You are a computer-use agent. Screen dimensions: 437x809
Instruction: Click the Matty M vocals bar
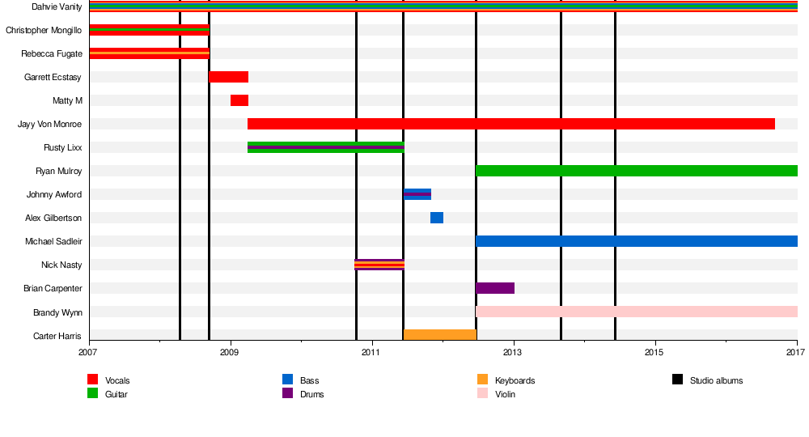(239, 100)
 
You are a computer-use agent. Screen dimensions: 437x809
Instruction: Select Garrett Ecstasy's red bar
(229, 77)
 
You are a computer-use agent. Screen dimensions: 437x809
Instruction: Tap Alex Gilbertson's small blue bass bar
(437, 218)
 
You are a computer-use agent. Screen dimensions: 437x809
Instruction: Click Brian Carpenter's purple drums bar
(495, 288)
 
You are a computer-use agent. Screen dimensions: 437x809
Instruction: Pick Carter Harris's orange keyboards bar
(440, 335)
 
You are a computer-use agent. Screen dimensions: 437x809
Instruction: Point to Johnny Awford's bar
(417, 194)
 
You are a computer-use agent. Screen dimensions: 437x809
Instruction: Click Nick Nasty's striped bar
(379, 265)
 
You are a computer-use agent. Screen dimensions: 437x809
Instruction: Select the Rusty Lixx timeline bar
(326, 147)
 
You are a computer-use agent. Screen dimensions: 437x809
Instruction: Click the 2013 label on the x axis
(513, 352)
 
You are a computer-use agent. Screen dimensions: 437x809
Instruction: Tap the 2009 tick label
(230, 352)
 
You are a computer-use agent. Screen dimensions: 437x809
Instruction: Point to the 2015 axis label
(655, 352)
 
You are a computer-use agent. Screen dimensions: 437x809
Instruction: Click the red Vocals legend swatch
(93, 380)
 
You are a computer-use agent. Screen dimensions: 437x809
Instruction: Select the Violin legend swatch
(483, 394)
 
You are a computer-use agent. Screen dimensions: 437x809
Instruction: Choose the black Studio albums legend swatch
(678, 380)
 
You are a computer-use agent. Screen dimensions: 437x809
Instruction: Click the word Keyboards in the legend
(515, 380)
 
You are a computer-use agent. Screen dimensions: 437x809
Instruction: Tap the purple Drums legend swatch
(288, 394)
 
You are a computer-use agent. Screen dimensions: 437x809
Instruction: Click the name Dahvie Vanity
(57, 6)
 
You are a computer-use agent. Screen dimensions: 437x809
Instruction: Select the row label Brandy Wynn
(57, 312)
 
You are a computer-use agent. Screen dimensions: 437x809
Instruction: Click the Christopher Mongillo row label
(44, 30)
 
